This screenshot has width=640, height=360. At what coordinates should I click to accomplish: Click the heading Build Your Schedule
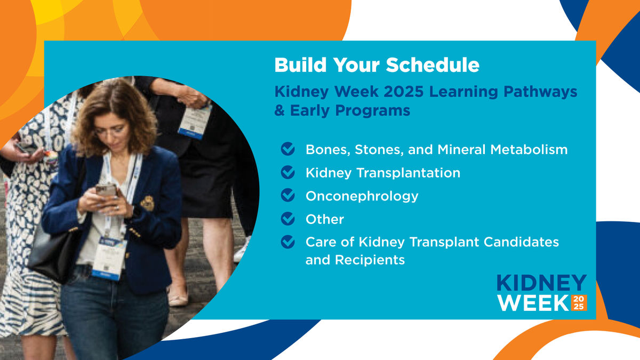click(x=377, y=65)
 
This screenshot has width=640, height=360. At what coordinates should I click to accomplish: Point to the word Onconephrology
click(x=362, y=196)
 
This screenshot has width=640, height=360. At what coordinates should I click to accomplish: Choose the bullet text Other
click(x=324, y=219)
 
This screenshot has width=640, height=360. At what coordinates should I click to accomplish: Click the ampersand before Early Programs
click(x=279, y=111)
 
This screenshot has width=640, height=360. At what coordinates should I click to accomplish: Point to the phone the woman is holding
click(x=105, y=190)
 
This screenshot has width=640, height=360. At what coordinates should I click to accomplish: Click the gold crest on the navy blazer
click(x=147, y=203)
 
